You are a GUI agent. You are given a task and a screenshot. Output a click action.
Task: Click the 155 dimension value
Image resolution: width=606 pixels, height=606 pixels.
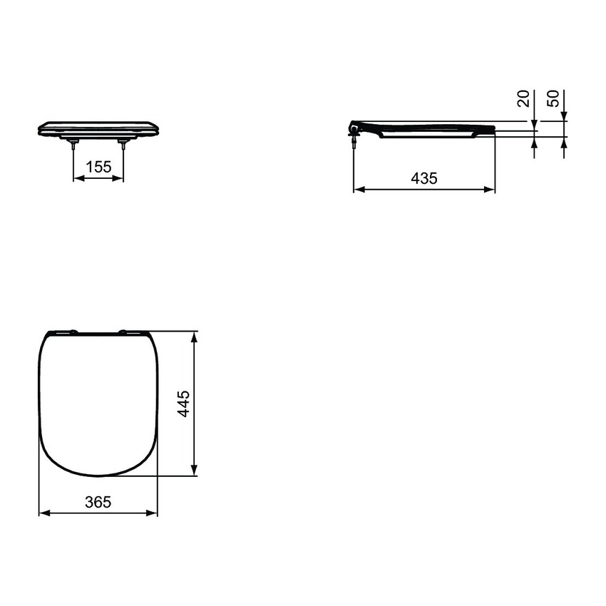tap(98, 167)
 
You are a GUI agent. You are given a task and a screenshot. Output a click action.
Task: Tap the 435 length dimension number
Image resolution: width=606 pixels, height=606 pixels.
tap(424, 178)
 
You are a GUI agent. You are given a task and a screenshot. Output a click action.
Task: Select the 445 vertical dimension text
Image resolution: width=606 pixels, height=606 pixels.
tap(183, 404)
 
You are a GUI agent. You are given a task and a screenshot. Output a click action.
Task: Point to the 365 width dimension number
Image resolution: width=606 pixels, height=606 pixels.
tap(98, 502)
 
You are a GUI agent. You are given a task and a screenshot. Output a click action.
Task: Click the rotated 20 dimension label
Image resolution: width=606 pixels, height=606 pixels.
tap(525, 99)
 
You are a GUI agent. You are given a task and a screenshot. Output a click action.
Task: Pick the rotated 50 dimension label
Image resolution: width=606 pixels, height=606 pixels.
tap(553, 99)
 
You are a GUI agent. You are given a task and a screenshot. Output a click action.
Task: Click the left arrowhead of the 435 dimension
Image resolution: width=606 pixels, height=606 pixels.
tap(359, 190)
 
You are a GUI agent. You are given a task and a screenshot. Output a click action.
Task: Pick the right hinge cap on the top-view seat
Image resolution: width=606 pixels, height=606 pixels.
tap(123, 332)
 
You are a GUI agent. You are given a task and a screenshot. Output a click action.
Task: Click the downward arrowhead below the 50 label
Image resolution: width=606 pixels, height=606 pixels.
tap(563, 115)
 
